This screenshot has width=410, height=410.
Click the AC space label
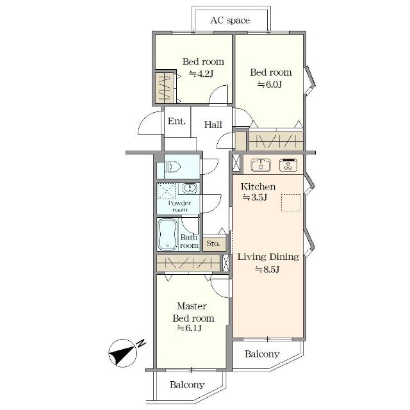pyautogui.click(x=230, y=20)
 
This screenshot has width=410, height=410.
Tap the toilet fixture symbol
pyautogui.click(x=172, y=167)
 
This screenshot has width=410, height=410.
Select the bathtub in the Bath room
pyautogui.click(x=167, y=234)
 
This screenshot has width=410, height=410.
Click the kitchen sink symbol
pyautogui.click(x=261, y=165)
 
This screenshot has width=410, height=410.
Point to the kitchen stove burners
pyautogui.click(x=288, y=165)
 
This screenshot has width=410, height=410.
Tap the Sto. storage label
pyautogui.click(x=213, y=243)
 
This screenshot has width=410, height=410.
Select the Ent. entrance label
pyautogui.click(x=177, y=121)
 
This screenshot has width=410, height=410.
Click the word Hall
pyautogui.click(x=213, y=125)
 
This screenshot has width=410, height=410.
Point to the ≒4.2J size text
pyautogui.click(x=202, y=74)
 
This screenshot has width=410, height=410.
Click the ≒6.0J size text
pyautogui.click(x=270, y=85)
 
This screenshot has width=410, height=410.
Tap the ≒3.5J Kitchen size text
pyautogui.click(x=255, y=197)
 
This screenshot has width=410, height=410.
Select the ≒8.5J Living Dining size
pyautogui.click(x=268, y=269)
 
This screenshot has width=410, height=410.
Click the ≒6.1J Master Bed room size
pyautogui.click(x=190, y=328)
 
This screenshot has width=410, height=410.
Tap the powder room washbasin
pyautogui.click(x=190, y=188)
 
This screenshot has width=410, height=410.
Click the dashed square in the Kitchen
pyautogui.click(x=291, y=202)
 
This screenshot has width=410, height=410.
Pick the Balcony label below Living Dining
pyautogui.click(x=262, y=354)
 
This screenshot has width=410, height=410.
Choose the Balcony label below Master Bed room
pyautogui.click(x=187, y=384)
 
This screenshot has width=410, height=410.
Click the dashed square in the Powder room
pyautogui.click(x=167, y=190)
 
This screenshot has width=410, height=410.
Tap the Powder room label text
pyautogui.click(x=179, y=206)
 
